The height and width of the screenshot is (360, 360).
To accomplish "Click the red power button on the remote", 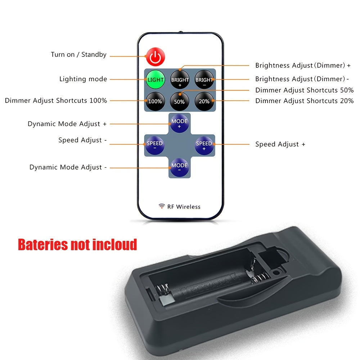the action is click(x=156, y=57).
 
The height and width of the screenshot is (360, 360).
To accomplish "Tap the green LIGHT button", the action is click(x=156, y=80).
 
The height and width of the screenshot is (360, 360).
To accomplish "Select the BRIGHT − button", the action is click(x=204, y=80).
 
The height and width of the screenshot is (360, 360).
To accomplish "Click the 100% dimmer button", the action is click(x=155, y=101).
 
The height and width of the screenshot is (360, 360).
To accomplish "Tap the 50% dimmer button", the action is click(x=180, y=102).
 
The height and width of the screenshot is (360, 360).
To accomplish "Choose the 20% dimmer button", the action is click(x=204, y=101).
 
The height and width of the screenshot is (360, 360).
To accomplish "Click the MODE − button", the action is click(x=180, y=167).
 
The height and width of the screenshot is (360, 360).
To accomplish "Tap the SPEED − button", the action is click(x=155, y=145).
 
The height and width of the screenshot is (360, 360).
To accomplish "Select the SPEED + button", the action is click(x=204, y=145).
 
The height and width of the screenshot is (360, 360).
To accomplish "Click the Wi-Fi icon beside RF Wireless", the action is click(x=162, y=206).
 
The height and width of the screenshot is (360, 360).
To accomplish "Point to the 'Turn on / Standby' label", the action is click(x=79, y=55).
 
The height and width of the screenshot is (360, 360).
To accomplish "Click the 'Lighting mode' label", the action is click(x=83, y=79).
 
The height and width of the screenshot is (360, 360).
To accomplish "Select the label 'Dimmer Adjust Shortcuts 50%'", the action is click(x=305, y=90).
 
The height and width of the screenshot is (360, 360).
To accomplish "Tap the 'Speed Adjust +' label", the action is click(x=280, y=144).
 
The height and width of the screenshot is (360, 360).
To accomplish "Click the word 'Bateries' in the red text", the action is click(x=43, y=244).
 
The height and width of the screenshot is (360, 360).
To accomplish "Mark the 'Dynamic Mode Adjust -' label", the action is click(x=68, y=167).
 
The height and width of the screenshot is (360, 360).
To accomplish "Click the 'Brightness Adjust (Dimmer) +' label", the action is click(x=303, y=66).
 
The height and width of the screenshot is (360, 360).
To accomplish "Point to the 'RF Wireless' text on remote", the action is click(x=184, y=207).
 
